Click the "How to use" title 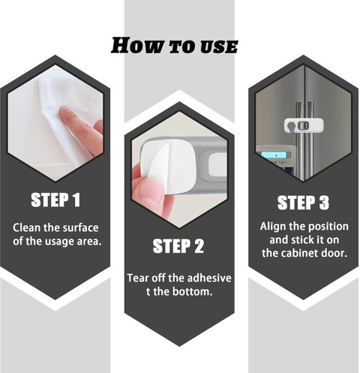tap(174, 46)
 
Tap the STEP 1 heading tap(55, 200)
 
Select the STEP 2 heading tap(178, 246)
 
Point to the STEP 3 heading tap(303, 203)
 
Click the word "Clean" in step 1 tap(26, 227)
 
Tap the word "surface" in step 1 tap(80, 227)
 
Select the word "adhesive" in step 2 tap(209, 278)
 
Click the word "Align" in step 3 tap(272, 227)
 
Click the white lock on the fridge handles tap(304, 125)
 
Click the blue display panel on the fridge tap(276, 155)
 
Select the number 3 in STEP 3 tap(323, 203)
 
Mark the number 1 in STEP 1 tap(76, 200)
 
